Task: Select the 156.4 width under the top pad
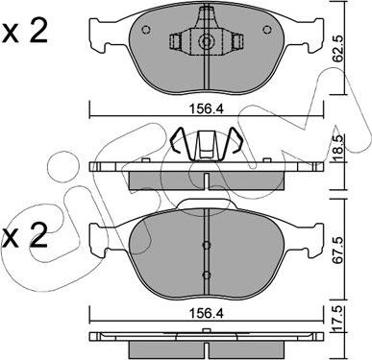pos(208,109)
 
